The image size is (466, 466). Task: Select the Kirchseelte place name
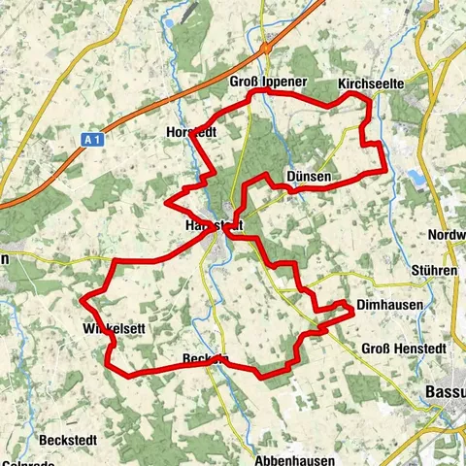[370, 85]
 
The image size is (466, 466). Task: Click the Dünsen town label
[310, 177]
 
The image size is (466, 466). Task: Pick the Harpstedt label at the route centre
[210, 225]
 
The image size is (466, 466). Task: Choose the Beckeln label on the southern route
[206, 359]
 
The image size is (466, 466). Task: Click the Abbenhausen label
[295, 460]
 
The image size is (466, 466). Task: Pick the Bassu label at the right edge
[445, 392]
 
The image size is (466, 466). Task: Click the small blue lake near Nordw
[416, 177]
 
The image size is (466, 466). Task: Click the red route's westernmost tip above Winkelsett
[82, 295]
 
